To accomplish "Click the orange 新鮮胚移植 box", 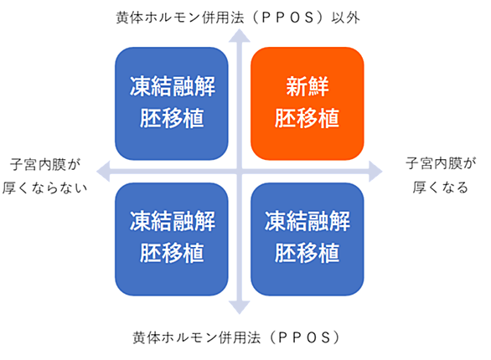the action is coord(308,104).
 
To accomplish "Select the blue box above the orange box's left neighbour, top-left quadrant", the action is coord(172,104).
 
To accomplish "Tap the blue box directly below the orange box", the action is coord(308,239).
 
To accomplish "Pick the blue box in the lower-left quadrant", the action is coord(172,239).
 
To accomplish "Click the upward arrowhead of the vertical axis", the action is coord(240,36).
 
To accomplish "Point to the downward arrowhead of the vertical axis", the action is coord(240,307).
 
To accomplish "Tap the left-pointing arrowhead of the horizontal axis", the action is coord(103,172).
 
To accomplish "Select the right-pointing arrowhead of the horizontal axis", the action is coord(375,172).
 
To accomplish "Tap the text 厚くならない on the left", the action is coord(44,188).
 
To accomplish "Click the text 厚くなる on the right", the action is coord(440,188).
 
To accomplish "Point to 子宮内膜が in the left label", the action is coord(45,165).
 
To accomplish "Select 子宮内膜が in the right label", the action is coord(441,163).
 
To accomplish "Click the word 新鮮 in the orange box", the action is coord(308,86).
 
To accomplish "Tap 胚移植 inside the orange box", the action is coord(308,118).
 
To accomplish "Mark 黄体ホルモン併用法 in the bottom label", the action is coord(196,337).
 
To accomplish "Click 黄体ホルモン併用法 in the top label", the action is coord(180,18).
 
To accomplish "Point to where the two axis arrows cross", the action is coord(240,172).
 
